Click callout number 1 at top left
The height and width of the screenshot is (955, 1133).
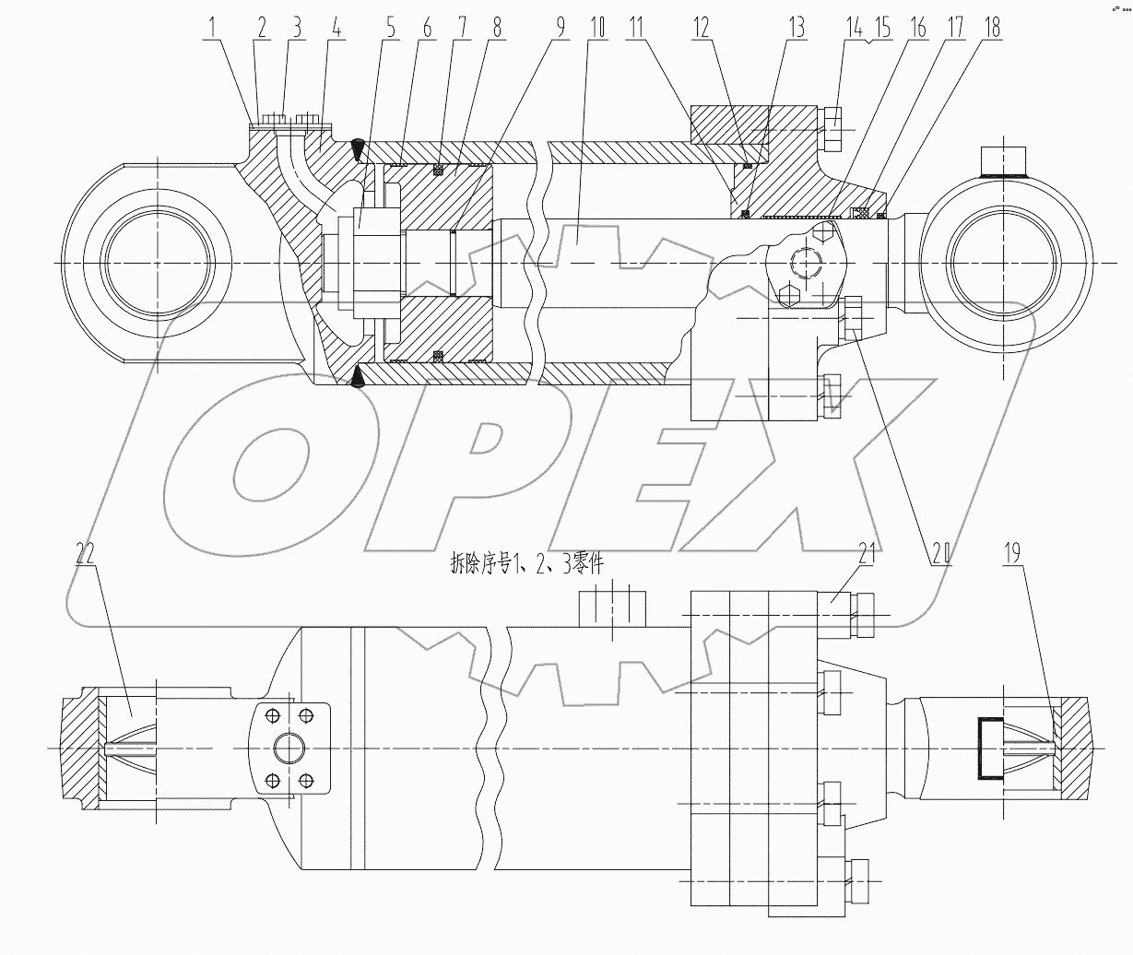213,27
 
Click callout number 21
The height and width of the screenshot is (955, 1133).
867,553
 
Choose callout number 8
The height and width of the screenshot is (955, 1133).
497,27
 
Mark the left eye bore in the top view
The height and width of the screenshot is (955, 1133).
158,264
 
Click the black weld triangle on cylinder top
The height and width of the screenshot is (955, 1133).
358,146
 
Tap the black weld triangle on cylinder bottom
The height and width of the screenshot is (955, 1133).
358,378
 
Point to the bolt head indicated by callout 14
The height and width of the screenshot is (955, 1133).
829,130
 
